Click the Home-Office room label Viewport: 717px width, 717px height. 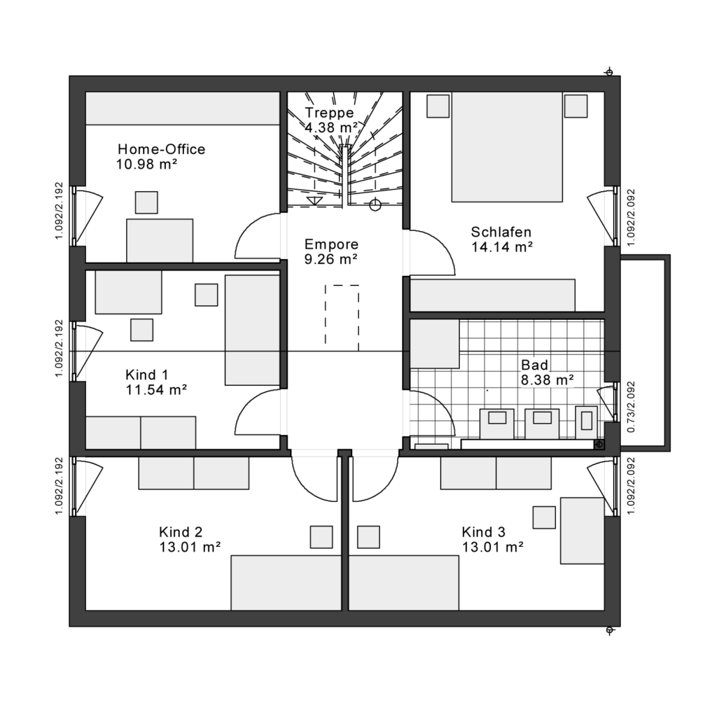[161, 149]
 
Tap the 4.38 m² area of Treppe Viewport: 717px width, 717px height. [331, 127]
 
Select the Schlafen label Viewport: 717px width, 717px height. [501, 232]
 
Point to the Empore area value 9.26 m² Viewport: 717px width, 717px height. [331, 259]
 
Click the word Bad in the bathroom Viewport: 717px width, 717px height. [534, 365]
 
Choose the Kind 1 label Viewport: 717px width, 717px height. [146, 375]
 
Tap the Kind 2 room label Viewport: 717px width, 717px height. [181, 531]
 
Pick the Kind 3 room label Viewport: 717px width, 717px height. [484, 531]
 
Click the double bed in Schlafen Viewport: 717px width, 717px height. [507, 147]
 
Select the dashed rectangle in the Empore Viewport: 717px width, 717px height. [342, 314]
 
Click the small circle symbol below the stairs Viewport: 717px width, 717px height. [375, 205]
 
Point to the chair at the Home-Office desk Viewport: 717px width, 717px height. [146, 202]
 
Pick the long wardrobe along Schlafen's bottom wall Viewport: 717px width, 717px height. [492, 295]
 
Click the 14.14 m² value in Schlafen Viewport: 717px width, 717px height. [502, 246]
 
